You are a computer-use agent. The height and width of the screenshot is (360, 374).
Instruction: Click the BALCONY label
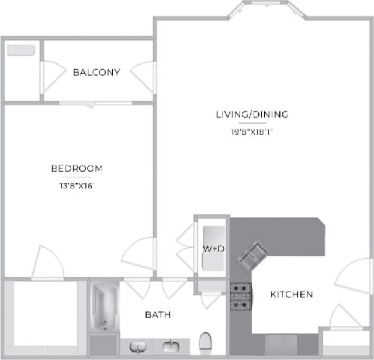pos(96,72)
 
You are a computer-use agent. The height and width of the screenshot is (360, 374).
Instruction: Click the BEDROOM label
pos(77,169)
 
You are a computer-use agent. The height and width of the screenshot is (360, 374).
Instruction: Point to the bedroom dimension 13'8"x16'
pos(77,184)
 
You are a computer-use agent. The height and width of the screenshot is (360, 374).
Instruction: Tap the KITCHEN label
pos(291,294)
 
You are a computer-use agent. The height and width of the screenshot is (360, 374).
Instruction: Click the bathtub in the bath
pos(103,307)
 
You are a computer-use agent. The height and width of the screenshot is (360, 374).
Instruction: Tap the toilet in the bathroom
pos(205,344)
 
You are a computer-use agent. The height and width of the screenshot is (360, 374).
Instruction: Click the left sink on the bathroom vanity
pos(138,346)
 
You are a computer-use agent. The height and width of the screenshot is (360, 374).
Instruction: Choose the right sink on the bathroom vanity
pos(171,346)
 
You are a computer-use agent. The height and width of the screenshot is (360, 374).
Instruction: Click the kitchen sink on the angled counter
pos(251,255)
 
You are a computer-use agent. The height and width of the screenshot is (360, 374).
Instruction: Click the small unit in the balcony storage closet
pos(20,51)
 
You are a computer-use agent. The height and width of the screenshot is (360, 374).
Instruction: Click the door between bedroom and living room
pos(139,255)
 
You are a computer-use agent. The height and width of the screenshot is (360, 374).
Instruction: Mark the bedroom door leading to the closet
pos(47,263)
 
